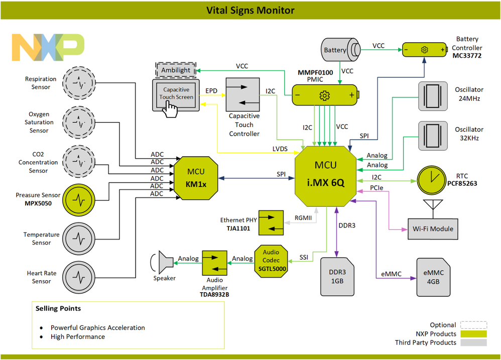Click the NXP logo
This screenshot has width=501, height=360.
(x=48, y=48)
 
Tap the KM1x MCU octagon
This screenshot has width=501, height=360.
(x=196, y=177)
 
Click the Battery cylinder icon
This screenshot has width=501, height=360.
(x=340, y=50)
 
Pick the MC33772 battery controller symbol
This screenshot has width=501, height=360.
(x=424, y=50)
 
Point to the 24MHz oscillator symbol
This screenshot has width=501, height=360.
(x=432, y=94)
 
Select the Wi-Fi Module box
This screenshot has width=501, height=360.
(x=432, y=228)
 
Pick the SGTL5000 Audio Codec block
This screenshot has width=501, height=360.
(x=271, y=261)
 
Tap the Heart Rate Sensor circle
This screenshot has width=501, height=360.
(x=78, y=276)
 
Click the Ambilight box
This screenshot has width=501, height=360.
(x=176, y=70)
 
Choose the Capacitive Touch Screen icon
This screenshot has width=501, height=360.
(x=176, y=96)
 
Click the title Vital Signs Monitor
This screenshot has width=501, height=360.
(x=250, y=10)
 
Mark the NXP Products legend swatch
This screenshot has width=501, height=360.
(x=473, y=334)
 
